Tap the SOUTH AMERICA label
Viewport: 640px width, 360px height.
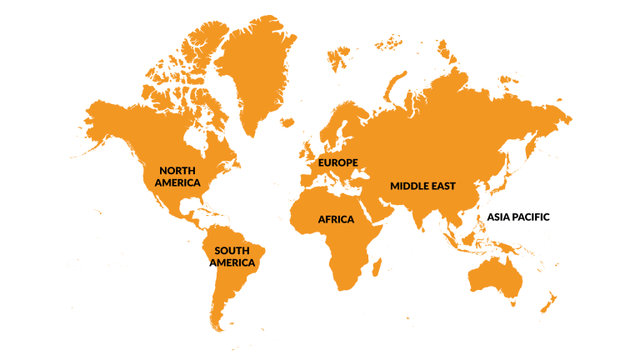coord(233,257)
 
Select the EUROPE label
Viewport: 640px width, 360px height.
coord(337,162)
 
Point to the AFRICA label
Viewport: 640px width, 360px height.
coord(336,219)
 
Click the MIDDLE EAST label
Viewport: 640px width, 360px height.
coord(422,186)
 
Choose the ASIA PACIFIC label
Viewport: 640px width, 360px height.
coord(518,217)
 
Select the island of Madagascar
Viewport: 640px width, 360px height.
coord(376,267)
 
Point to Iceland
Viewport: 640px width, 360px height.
coord(286,123)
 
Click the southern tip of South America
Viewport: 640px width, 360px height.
coord(218,325)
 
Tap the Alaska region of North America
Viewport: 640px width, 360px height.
coord(104,117)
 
